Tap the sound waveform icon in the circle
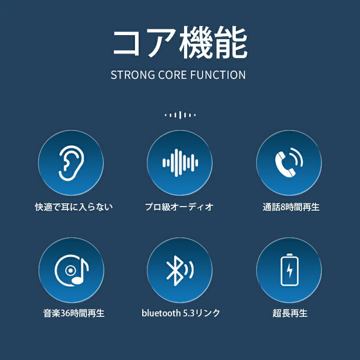point(180,163)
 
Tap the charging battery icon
point(290,270)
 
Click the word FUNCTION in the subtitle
point(218,75)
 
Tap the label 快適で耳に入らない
point(74,207)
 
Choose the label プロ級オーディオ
point(179,207)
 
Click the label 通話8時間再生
point(291,207)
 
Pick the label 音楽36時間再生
point(74,313)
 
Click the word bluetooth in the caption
point(161,313)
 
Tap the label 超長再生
point(290,313)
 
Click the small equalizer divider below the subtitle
point(180,115)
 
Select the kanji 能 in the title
point(231,42)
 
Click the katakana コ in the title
point(126,43)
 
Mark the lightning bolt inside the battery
point(290,270)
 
